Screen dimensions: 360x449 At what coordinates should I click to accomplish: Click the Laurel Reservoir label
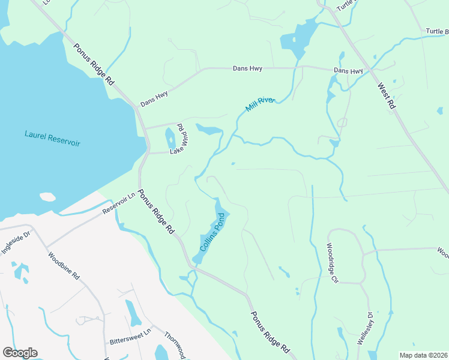pos(52,139)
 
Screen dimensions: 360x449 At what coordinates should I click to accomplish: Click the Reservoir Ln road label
pos(119,204)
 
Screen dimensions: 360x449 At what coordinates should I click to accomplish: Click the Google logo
pos(20,353)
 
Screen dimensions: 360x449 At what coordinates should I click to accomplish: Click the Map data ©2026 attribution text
pos(424,355)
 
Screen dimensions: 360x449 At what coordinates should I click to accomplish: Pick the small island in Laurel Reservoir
pos(47,197)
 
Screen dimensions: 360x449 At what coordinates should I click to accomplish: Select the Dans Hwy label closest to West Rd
pos(348,71)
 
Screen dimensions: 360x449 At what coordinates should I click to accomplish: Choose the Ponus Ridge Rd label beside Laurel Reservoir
pos(94,64)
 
